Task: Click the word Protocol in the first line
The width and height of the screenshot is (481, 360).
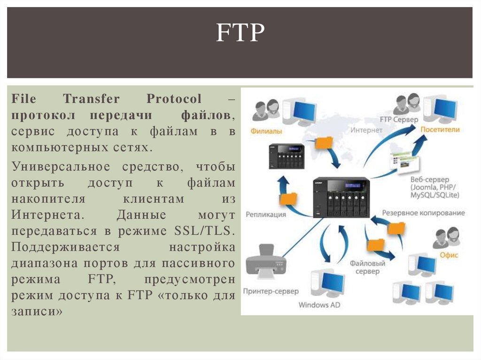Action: click(x=174, y=99)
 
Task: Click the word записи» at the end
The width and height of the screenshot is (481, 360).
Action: click(x=37, y=311)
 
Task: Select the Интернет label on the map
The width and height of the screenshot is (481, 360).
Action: click(x=362, y=130)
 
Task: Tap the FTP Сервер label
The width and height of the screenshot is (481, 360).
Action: click(x=399, y=120)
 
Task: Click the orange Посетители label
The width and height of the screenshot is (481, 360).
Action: click(x=440, y=130)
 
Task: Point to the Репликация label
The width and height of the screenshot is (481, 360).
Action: click(x=265, y=214)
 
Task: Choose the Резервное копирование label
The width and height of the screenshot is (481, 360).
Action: click(x=423, y=213)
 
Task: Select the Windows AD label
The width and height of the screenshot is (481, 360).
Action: click(x=319, y=305)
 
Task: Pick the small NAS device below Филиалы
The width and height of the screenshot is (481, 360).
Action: click(x=287, y=156)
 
